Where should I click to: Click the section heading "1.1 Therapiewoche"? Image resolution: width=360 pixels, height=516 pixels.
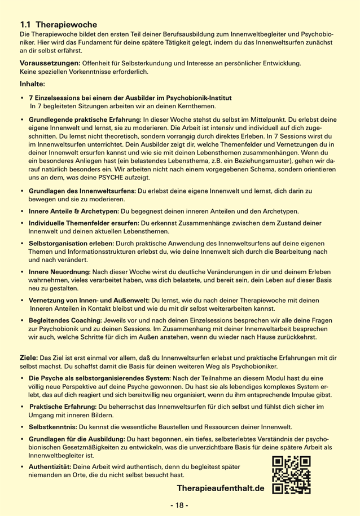(59, 25)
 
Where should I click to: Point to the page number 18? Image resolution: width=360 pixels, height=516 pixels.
(180, 506)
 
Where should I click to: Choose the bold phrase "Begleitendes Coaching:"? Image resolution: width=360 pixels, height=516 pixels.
(72, 320)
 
